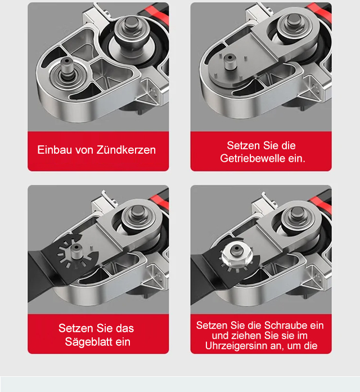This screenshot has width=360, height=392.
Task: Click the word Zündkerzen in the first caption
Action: pyautogui.click(x=126, y=150)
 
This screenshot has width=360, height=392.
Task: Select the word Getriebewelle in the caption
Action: pyautogui.click(x=253, y=158)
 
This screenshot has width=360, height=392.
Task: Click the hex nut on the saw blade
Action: pyautogui.click(x=237, y=255)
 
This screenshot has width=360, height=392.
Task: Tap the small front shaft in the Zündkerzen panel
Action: pyautogui.click(x=67, y=68)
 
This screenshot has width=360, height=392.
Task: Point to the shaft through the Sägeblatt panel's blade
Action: pyautogui.click(x=76, y=252)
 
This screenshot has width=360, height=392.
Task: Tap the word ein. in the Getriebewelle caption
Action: pyautogui.click(x=296, y=158)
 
